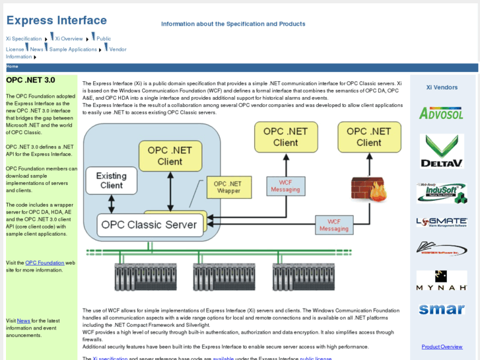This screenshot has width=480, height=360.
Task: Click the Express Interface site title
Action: pos(56,20)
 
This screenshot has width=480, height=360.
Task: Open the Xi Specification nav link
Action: pos(24,39)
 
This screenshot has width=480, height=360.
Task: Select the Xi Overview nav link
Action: pos(69,39)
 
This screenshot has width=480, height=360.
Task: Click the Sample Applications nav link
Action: pos(73,50)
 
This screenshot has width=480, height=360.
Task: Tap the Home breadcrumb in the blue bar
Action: pos(13,67)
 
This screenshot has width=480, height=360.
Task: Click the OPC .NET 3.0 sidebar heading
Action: pos(30,80)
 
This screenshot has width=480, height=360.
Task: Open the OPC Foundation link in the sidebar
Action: pos(45,262)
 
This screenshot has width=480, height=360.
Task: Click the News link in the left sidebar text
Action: pos(23,321)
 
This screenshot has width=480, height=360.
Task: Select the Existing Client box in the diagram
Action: pos(111,180)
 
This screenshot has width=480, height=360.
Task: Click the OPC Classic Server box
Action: pos(149,225)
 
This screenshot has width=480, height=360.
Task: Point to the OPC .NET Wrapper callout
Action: pos(228,187)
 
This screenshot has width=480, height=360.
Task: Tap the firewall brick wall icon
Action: pos(368,191)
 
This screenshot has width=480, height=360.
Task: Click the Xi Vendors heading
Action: pos(442,87)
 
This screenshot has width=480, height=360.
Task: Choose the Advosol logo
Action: pos(442,113)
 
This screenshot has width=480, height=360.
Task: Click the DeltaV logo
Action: pos(442,151)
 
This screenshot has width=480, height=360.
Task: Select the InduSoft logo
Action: pos(442,193)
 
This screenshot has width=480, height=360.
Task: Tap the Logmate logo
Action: pos(442,223)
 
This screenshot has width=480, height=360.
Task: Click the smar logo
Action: pos(442,309)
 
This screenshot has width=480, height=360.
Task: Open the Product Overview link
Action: pos(442,347)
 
